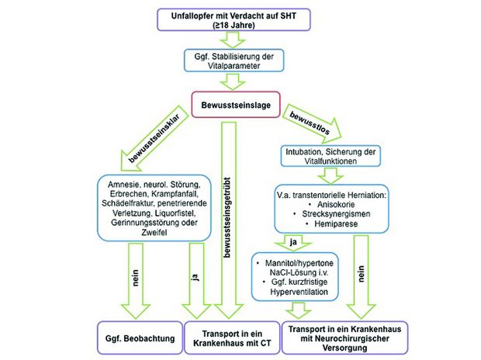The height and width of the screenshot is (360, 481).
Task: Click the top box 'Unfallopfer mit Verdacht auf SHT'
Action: (234, 20)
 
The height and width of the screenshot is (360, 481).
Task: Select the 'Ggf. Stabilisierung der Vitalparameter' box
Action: (234, 61)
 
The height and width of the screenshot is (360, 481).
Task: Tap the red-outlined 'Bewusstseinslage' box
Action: (236, 105)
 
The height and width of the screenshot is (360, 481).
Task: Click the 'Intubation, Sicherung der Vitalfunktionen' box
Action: (330, 156)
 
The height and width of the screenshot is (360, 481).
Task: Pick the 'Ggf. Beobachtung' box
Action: (140, 338)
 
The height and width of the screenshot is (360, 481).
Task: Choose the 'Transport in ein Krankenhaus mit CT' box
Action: (232, 338)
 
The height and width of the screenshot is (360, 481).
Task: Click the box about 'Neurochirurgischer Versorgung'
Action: (344, 338)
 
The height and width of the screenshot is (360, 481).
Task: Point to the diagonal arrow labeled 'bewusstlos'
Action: (312, 123)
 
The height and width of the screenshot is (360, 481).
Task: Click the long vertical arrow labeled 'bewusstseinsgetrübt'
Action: (229, 220)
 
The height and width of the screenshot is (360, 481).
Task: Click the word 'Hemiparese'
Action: (336, 223)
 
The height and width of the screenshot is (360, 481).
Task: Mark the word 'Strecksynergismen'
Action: (336, 214)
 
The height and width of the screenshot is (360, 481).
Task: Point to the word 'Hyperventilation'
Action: (299, 292)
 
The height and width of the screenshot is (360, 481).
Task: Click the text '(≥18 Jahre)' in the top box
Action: (234, 25)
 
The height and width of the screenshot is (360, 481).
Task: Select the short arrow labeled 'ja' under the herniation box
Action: (293, 243)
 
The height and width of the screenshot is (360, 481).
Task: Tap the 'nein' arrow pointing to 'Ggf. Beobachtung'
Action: (136, 281)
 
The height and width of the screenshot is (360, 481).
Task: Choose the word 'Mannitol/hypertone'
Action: (299, 263)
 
